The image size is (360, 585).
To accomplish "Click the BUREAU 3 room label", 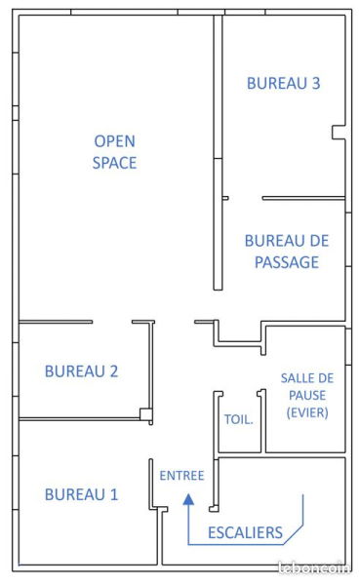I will [x=283, y=84].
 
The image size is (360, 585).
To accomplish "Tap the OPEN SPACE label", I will [x=114, y=151].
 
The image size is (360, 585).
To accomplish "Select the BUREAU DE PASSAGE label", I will [x=286, y=251].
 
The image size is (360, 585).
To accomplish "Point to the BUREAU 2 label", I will [x=81, y=370].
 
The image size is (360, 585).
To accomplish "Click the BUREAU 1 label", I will [x=81, y=494].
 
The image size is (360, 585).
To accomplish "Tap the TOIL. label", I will [x=239, y=421].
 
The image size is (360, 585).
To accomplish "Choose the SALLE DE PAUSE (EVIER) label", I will [x=307, y=395].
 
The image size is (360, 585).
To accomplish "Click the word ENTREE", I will [x=181, y=476].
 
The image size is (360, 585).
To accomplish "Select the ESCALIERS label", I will [x=245, y=532].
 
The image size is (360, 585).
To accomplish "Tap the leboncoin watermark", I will [x=314, y=568].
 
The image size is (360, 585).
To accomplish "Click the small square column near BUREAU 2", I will [x=145, y=414].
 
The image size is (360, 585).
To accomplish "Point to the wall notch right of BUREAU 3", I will [x=339, y=131].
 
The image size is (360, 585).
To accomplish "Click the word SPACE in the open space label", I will [x=114, y=163].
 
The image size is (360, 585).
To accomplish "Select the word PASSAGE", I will [x=286, y=262].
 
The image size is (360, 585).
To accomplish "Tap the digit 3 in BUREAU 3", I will [x=315, y=84].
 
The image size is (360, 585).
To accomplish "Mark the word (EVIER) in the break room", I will [x=307, y=412].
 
